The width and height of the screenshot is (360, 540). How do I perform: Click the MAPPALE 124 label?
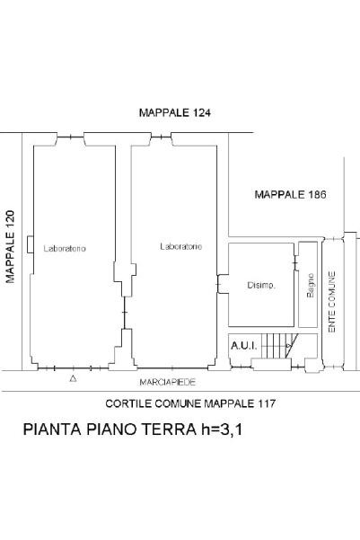[175, 112]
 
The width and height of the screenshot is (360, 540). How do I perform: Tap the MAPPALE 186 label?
[291, 195]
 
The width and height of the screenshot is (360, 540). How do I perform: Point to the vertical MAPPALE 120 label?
[11, 246]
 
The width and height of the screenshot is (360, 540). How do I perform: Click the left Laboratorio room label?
[65, 248]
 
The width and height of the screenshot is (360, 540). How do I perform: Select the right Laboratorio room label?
[181, 246]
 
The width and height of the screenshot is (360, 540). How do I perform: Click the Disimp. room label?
[261, 286]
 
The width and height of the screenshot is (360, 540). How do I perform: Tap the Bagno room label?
[311, 286]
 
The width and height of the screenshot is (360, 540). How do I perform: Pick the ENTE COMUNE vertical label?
[332, 302]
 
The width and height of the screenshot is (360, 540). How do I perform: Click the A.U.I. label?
[243, 346]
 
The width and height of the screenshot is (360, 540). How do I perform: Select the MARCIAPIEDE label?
[168, 382]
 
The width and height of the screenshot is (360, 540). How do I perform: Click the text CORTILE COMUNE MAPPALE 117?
[190, 403]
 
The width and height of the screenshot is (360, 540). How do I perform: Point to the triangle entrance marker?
[73, 378]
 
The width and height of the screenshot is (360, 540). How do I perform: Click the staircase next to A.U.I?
[279, 346]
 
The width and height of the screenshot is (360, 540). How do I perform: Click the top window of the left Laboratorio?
[71, 137]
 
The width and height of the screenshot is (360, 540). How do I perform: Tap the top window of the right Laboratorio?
[162, 137]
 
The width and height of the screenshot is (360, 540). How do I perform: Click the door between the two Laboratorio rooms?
[125, 313]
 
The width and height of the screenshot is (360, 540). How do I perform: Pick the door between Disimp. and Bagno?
[295, 263]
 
